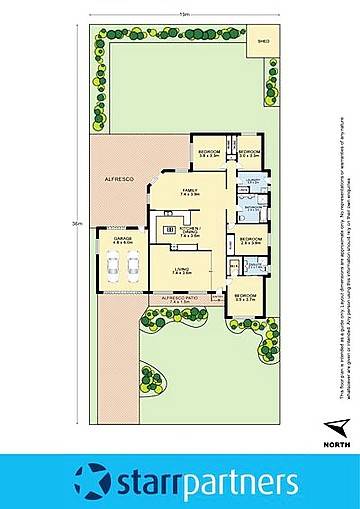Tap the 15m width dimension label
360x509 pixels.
[184, 15]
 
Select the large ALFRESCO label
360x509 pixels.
[121, 177]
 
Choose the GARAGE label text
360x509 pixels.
[122, 241]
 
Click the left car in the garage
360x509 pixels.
[113, 268]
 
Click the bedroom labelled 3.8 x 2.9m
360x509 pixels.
[208, 154]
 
